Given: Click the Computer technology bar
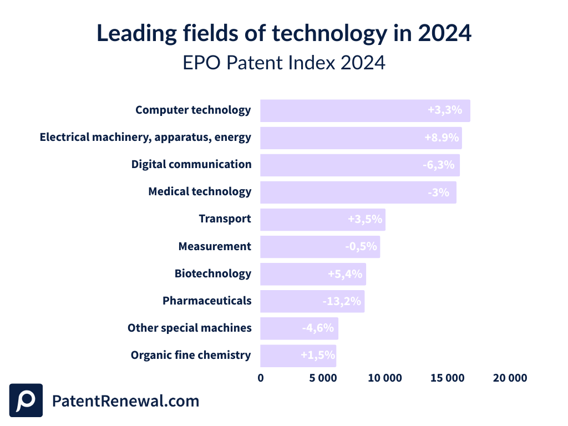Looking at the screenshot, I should click(x=365, y=110).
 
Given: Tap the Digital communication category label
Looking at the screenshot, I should click(x=191, y=164).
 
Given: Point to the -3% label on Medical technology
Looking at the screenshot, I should click(x=438, y=192).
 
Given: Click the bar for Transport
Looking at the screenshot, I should click(x=322, y=219).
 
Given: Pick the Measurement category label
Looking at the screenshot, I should click(x=215, y=246).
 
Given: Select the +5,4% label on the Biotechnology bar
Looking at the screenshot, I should click(x=344, y=273).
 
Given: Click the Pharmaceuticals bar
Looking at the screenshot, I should click(x=312, y=301).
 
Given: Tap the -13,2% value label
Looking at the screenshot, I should click(x=342, y=301).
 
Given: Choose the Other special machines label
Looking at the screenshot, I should click(x=189, y=328).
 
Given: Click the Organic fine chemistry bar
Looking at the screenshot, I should click(x=298, y=356).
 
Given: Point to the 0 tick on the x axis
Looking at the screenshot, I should click(x=261, y=378).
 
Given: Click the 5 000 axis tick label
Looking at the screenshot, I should click(x=323, y=378).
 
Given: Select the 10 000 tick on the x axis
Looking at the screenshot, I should click(x=385, y=378).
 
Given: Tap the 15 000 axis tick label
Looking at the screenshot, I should click(x=447, y=378).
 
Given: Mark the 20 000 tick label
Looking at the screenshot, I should click(x=509, y=378).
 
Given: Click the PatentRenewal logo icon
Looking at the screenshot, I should click(x=26, y=400).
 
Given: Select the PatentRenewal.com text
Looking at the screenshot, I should click(x=125, y=400).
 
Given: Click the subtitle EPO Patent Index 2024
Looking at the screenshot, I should click(x=284, y=63).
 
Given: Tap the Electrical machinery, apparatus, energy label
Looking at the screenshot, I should click(x=145, y=137).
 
